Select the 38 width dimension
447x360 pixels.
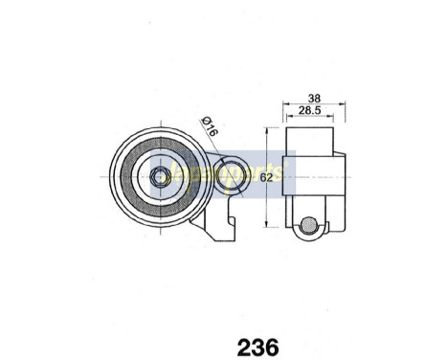tap(313, 98)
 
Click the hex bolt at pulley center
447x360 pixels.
tap(159, 177)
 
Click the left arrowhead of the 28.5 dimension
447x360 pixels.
tap(289, 119)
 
